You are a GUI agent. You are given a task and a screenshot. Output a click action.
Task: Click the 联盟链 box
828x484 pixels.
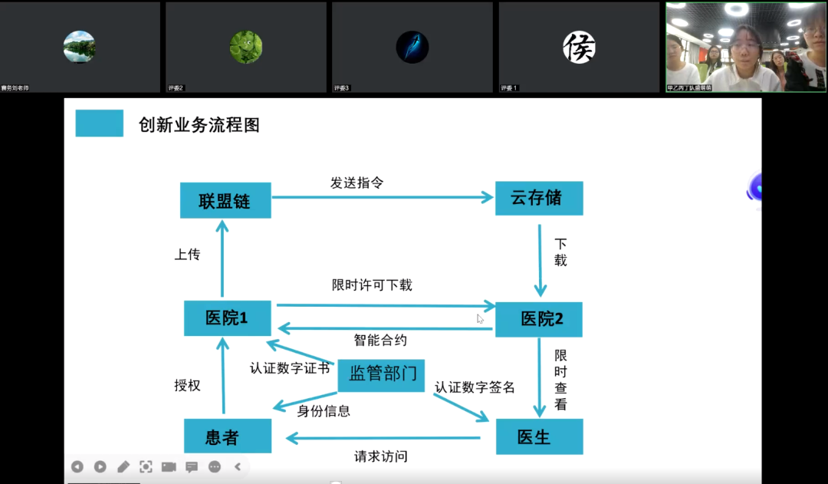coord(225,200)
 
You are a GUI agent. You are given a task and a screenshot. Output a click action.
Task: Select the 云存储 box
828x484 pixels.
coord(539,198)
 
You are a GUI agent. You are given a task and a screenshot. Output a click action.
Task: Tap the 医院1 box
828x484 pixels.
coord(227,318)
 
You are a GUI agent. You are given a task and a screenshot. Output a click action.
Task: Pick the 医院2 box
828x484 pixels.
coord(539,319)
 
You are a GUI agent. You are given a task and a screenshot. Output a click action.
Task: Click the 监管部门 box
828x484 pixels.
coord(382,374)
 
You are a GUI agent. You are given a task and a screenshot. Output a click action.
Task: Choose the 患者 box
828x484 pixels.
coord(227,436)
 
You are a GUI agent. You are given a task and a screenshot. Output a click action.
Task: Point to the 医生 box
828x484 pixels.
coord(539,436)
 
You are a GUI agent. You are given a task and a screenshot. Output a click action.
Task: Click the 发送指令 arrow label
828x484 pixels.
coord(356,183)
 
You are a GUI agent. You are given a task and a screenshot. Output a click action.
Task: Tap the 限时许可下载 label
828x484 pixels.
coord(372,285)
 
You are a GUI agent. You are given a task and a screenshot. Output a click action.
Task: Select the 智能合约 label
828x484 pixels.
coord(380,339)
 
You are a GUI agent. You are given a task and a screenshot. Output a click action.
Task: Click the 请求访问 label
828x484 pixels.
coord(380,456)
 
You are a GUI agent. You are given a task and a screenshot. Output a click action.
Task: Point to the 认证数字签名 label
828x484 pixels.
coord(475,387)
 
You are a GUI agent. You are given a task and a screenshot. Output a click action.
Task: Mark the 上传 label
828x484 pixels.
coord(187,255)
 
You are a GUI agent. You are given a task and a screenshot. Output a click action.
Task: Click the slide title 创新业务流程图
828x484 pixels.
coord(199,125)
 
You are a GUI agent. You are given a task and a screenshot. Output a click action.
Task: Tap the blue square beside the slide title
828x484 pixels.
coord(99,123)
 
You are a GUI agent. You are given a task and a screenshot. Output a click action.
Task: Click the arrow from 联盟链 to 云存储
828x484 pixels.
coord(383,198)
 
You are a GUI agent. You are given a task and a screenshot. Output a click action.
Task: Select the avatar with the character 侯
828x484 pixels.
coord(579,47)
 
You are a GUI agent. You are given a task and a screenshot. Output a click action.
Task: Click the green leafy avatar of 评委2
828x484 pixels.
coord(246,47)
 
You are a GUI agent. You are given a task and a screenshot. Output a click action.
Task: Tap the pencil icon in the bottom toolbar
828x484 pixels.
coord(123,466)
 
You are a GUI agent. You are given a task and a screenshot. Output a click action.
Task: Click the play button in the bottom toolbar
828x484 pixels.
coord(100,466)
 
